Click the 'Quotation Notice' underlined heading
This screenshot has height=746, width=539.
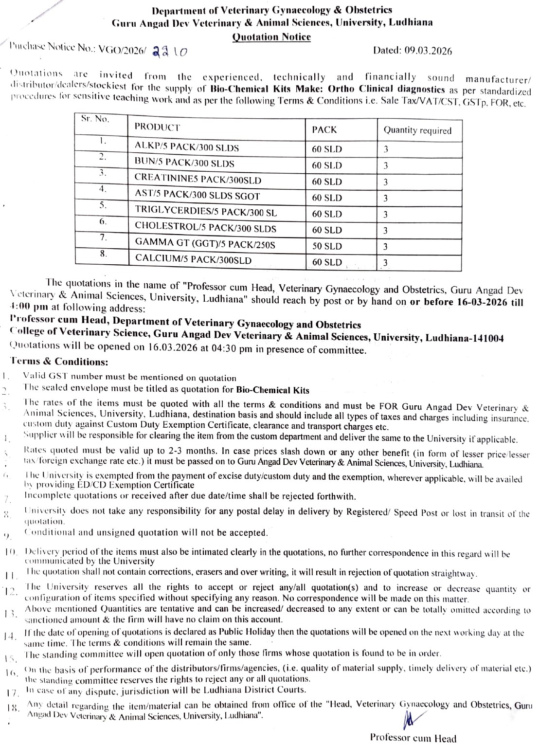pos(271,37)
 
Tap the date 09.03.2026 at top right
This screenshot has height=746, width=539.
pos(412,51)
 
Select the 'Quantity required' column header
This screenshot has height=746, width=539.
pos(417,130)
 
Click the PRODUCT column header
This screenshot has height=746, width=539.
pos(157,127)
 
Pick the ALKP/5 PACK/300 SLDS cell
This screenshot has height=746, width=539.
pos(187,147)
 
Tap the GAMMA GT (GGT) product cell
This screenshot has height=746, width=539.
pos(205,243)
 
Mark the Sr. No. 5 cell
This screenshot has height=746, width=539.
pos(103,205)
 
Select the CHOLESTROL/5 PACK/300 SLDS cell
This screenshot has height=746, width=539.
pos(205,228)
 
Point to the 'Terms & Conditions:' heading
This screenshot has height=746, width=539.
pos(59,362)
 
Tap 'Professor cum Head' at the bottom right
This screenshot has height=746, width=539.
pos(413,738)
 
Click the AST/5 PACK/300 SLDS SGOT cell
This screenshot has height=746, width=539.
pos(197,196)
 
